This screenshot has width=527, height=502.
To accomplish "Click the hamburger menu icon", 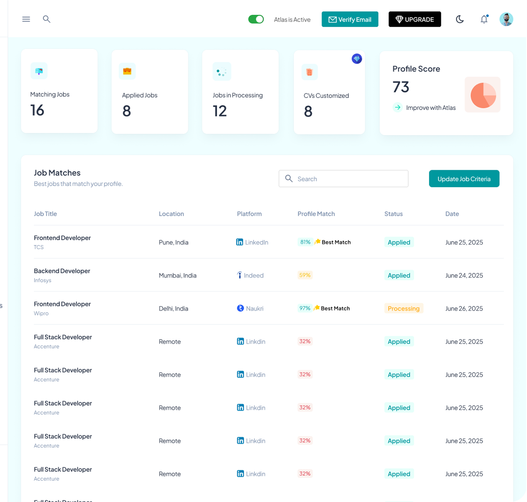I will click(26, 19).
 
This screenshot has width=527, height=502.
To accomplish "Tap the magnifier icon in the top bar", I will click(46, 19).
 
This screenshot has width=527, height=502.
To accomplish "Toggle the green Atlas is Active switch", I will click(256, 19).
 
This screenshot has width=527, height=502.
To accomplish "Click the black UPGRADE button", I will click(414, 19).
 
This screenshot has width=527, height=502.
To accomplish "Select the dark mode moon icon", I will click(460, 19).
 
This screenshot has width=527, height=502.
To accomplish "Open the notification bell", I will click(484, 19).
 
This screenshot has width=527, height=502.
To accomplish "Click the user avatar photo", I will click(506, 19).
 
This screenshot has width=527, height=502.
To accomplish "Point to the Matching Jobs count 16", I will click(37, 110).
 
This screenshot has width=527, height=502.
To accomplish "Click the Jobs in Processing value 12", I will click(220, 111).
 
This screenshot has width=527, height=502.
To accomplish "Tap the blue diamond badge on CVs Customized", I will click(356, 59).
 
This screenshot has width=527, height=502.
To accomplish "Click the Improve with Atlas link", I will click(430, 108).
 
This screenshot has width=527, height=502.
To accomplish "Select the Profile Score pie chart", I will click(483, 95).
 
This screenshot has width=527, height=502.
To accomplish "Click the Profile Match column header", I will click(316, 214).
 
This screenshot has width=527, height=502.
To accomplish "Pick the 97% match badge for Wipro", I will click(304, 308).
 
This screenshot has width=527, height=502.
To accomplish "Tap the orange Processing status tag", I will click(404, 308).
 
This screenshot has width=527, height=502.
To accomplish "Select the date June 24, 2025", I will click(464, 275).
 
